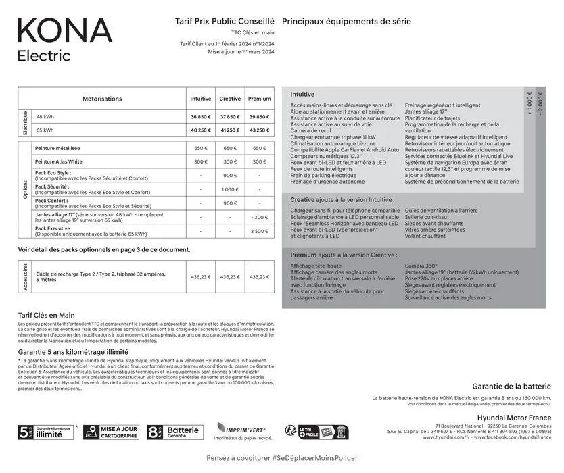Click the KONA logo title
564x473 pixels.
click(x=64, y=30)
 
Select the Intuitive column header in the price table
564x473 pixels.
click(x=200, y=99)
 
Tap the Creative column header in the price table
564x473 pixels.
click(x=230, y=99)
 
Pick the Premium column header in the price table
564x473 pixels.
click(x=259, y=99)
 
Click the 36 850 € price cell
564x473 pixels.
click(x=200, y=117)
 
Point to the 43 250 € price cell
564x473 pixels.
click(x=259, y=130)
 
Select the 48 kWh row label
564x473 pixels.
click(x=45, y=117)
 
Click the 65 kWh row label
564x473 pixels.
click(x=45, y=130)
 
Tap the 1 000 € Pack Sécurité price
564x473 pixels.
click(x=230, y=189)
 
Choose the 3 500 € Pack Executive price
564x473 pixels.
click(x=259, y=231)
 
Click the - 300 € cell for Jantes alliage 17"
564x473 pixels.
click(x=259, y=217)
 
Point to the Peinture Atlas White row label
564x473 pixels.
click(x=59, y=162)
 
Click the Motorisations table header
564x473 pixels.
click(x=102, y=99)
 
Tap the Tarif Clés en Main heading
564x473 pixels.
click(x=47, y=315)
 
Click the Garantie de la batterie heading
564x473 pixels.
click(x=511, y=387)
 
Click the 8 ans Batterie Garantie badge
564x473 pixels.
click(x=174, y=432)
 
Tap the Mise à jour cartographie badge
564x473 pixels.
click(x=111, y=432)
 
